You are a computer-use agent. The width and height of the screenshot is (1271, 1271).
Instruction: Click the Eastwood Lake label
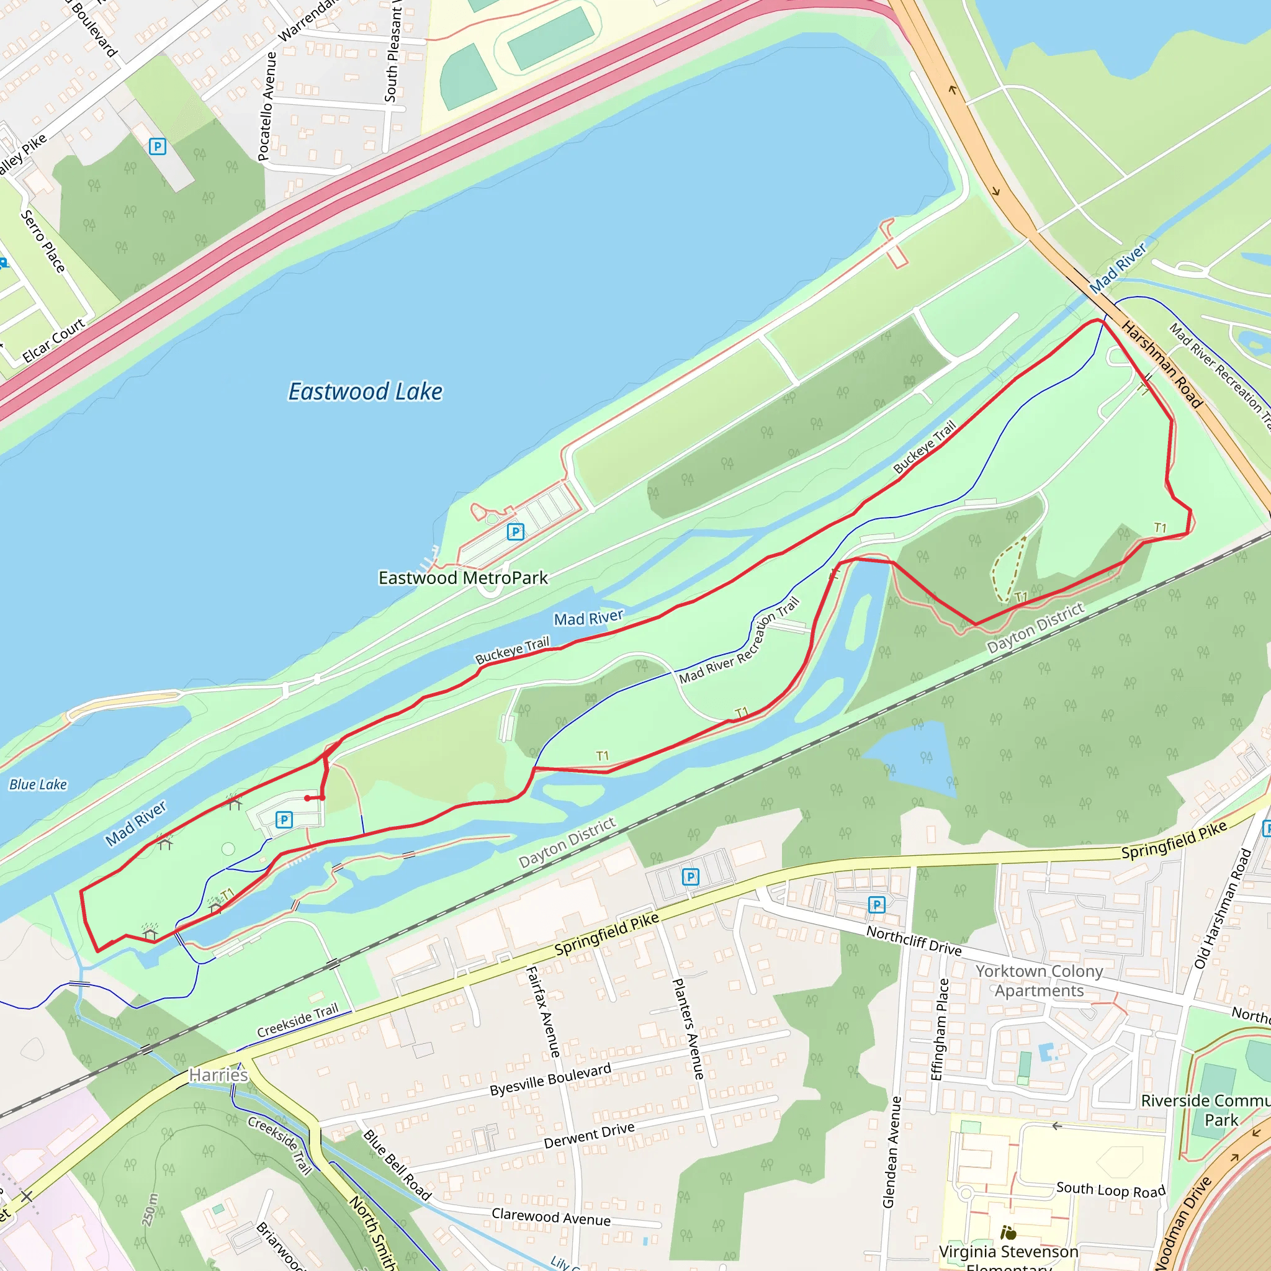(x=365, y=392)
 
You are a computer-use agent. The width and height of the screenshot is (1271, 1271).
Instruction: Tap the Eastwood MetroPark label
(x=462, y=578)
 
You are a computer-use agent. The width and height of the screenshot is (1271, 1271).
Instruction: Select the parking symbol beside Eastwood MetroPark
(x=516, y=532)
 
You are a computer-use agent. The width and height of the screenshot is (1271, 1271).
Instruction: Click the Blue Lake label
(x=38, y=784)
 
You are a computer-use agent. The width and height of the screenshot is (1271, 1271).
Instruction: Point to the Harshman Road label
(x=1162, y=364)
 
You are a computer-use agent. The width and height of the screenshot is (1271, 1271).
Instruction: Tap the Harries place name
(x=218, y=1075)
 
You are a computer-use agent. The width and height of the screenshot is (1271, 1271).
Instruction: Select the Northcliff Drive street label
(x=914, y=940)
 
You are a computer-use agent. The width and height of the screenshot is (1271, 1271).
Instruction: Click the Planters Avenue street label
(x=688, y=1028)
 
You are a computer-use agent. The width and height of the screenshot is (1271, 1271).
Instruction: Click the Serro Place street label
(x=43, y=241)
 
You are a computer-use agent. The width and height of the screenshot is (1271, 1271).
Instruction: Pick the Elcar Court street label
(x=54, y=340)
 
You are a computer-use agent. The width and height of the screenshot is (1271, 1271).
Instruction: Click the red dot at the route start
(x=307, y=798)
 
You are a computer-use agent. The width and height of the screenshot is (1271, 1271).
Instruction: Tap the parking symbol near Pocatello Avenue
(x=157, y=146)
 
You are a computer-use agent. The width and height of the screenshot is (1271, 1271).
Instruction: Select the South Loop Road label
(x=1110, y=1190)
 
